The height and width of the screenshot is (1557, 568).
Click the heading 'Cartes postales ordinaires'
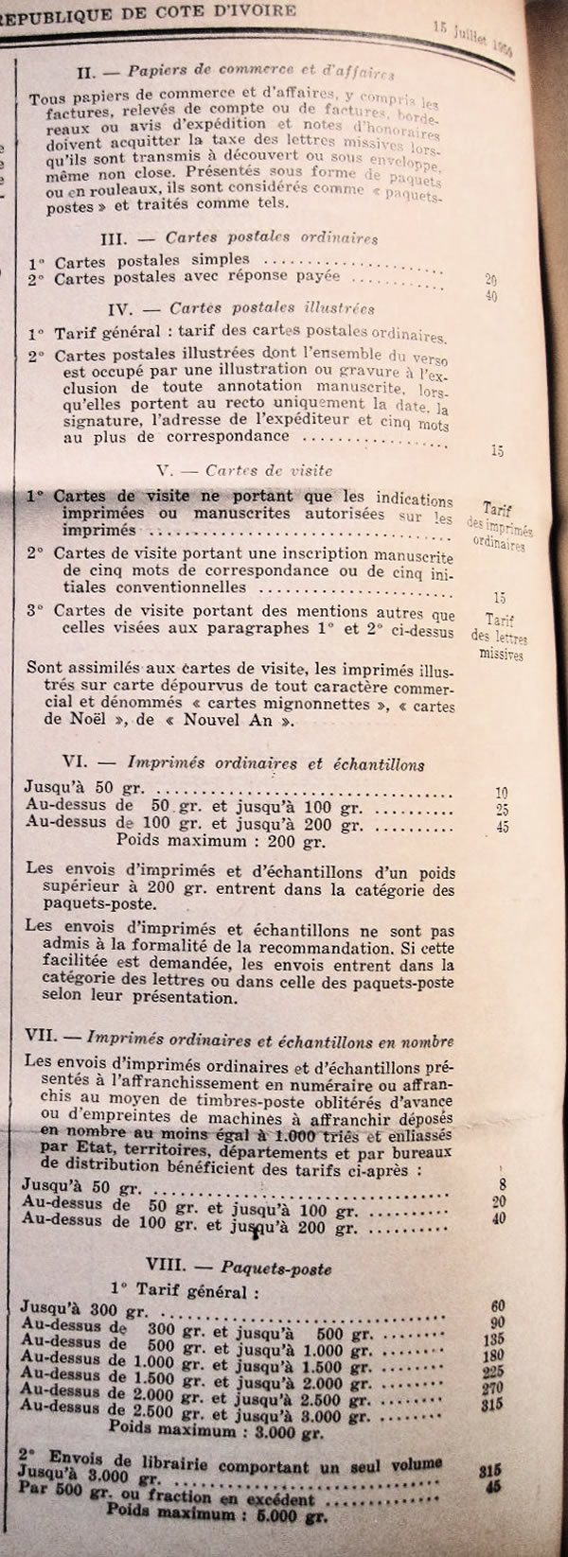[271, 237]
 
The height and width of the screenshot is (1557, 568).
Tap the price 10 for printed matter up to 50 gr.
[502, 793]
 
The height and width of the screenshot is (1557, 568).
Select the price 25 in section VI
[502, 810]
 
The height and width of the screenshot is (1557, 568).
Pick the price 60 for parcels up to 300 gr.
[498, 1306]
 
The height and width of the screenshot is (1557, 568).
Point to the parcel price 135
[493, 1339]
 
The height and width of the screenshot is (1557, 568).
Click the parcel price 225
[493, 1372]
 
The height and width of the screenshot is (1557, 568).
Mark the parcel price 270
[493, 1389]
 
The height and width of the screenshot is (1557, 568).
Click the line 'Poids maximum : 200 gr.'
[221, 840]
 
